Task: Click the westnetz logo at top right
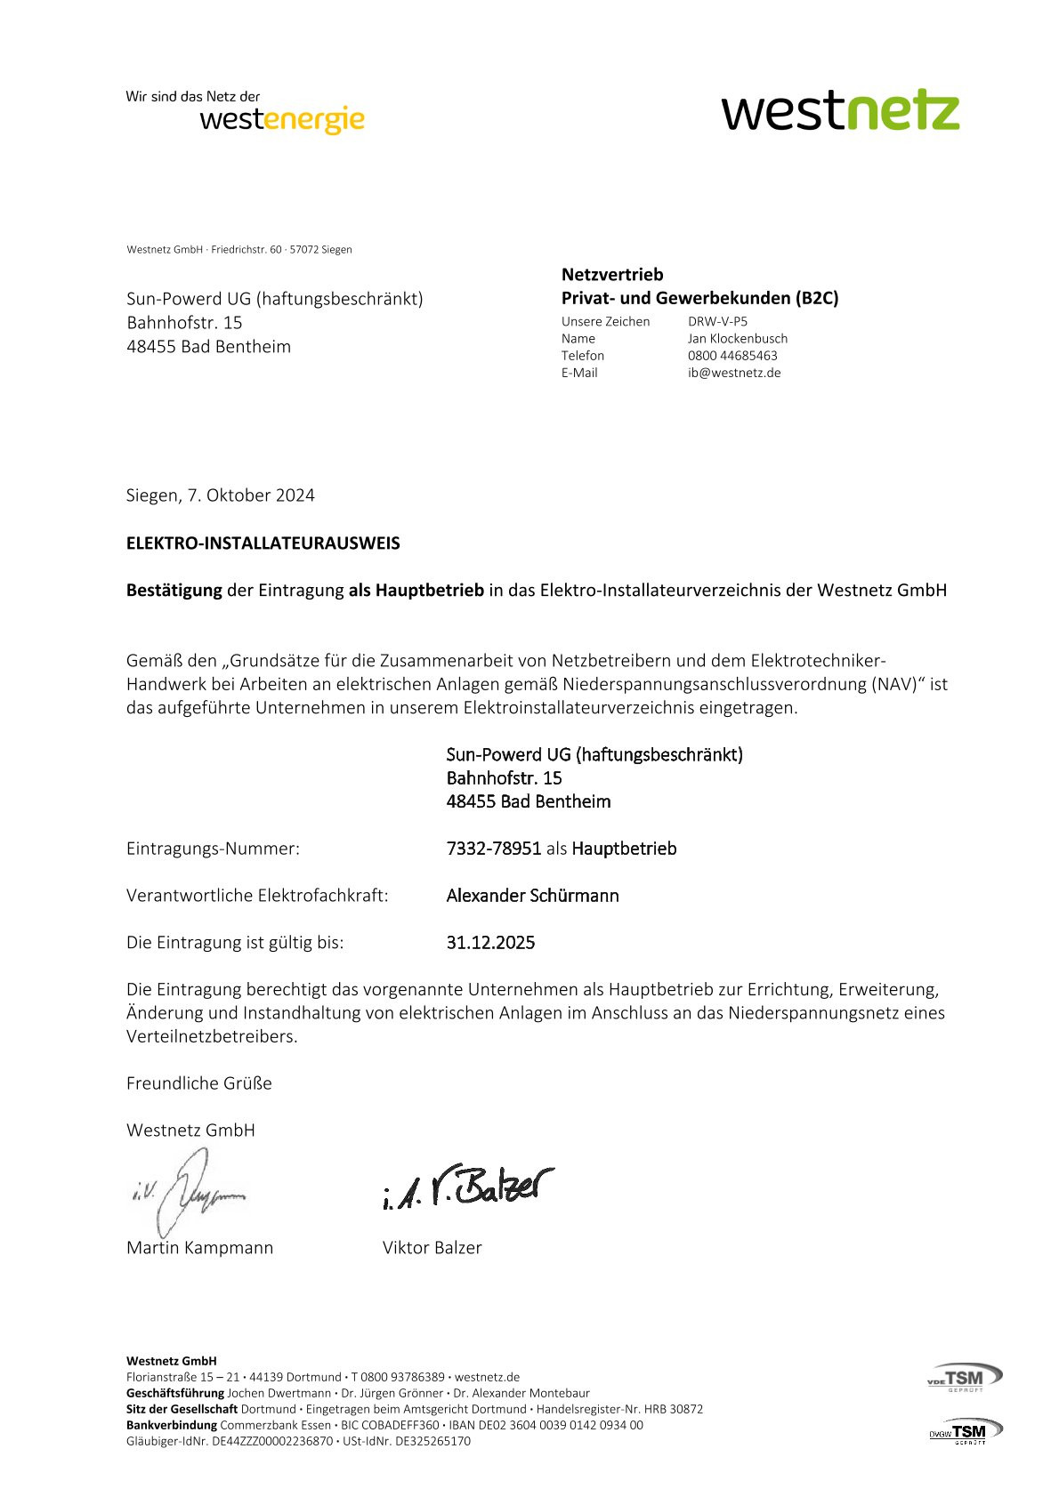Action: (x=840, y=111)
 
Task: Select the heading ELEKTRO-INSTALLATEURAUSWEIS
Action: (x=263, y=543)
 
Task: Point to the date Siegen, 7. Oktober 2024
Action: (x=221, y=495)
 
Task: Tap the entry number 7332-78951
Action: (x=494, y=849)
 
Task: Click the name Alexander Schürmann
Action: (x=532, y=896)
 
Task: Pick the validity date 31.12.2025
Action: (x=490, y=943)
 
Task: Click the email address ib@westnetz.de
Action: (x=734, y=373)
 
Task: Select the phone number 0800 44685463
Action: (x=732, y=356)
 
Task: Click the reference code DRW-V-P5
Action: (x=717, y=322)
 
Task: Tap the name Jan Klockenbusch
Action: (x=738, y=339)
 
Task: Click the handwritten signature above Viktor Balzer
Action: (x=468, y=1186)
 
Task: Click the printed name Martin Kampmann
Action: (x=200, y=1248)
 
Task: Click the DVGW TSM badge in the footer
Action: (x=966, y=1431)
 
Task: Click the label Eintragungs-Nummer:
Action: (x=214, y=849)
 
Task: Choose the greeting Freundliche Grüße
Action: (x=199, y=1083)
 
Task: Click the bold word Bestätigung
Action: (x=174, y=591)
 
